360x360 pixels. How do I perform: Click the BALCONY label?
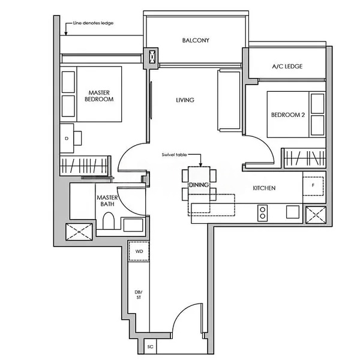pyautogui.click(x=196, y=40)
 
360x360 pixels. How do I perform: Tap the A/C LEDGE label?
pyautogui.click(x=287, y=67)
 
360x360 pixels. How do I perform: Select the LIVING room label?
pyautogui.click(x=185, y=100)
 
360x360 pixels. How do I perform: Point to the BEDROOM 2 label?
pyautogui.click(x=288, y=115)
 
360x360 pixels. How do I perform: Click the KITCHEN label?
pyautogui.click(x=264, y=188)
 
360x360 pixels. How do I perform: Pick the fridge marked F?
pyautogui.click(x=313, y=186)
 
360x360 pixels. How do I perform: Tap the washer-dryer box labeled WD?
pyautogui.click(x=139, y=251)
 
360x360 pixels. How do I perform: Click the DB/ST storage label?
pyautogui.click(x=139, y=295)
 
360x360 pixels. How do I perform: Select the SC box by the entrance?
pyautogui.click(x=150, y=346)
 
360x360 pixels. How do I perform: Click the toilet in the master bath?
pyautogui.click(x=109, y=221)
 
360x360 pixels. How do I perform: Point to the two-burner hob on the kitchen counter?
pyautogui.click(x=263, y=213)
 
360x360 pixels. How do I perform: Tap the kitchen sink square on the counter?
pyautogui.click(x=293, y=212)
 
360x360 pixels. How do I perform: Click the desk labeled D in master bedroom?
pyautogui.click(x=67, y=138)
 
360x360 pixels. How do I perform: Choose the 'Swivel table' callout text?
pyautogui.click(x=174, y=155)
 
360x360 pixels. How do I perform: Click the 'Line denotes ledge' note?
pyautogui.click(x=93, y=23)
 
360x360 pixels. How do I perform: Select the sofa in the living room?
pyautogui.click(x=229, y=100)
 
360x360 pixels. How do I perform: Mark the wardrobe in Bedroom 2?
pyautogui.click(x=305, y=158)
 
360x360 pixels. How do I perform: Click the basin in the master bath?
pyautogui.click(x=133, y=225)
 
